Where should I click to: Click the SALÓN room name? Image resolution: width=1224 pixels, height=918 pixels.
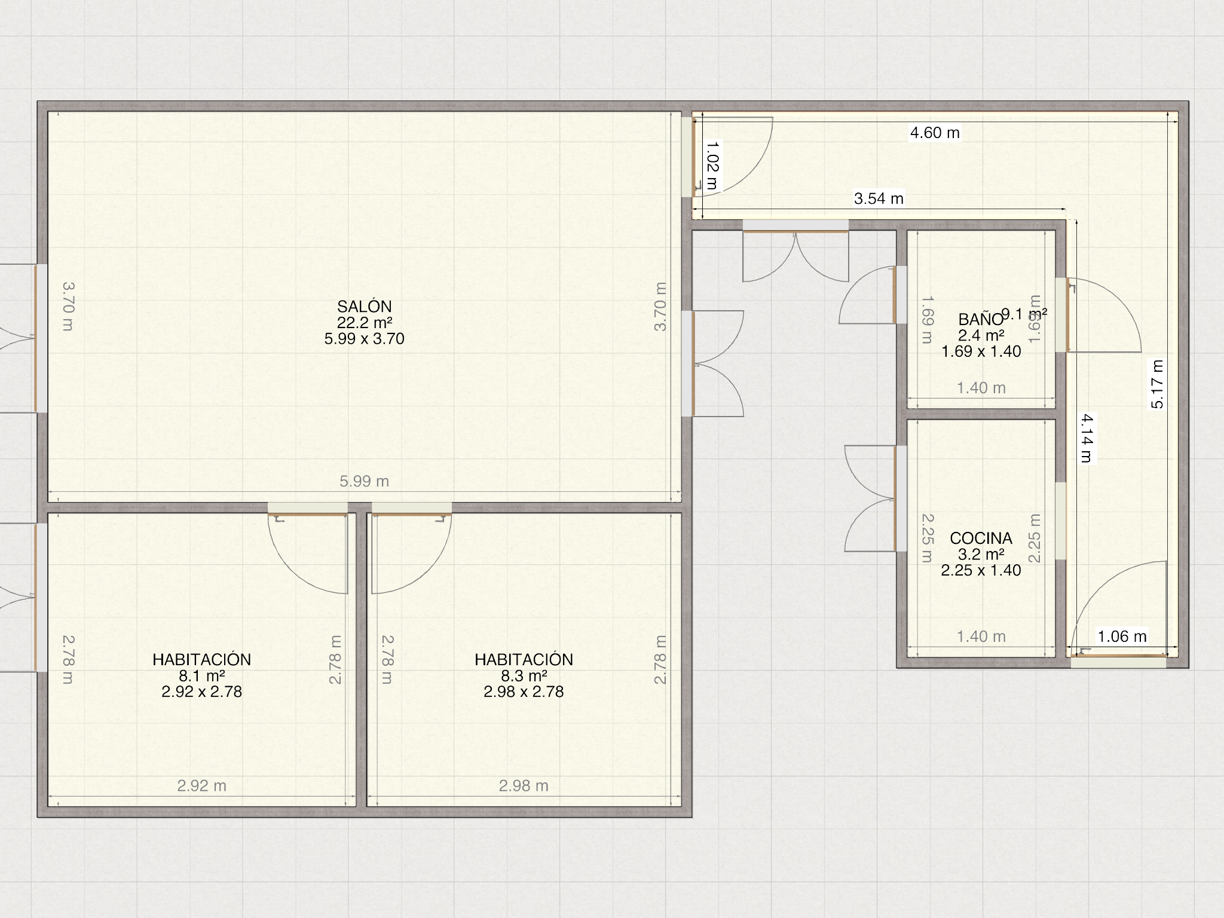(364, 307)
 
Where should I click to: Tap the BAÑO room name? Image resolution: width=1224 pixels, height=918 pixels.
(981, 319)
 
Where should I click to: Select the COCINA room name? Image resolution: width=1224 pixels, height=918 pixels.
(981, 538)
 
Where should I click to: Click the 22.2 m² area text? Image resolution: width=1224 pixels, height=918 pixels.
(364, 323)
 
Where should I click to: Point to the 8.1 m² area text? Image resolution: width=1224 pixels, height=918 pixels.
(201, 676)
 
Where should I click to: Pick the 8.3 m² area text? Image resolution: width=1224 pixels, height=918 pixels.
(524, 676)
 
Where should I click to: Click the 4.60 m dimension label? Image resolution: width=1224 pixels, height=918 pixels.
(935, 133)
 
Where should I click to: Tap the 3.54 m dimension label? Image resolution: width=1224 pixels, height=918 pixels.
(879, 198)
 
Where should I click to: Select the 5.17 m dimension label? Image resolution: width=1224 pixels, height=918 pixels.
(1158, 384)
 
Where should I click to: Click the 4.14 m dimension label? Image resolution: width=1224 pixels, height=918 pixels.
(1087, 438)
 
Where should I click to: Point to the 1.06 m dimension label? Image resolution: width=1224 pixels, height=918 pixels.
(1122, 637)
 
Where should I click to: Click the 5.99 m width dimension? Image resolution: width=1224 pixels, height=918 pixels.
(364, 481)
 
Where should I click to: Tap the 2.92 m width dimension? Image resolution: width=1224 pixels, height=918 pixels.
(201, 785)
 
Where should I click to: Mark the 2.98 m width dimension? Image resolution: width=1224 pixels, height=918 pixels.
(524, 785)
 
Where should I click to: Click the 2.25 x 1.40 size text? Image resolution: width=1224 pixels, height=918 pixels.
(981, 570)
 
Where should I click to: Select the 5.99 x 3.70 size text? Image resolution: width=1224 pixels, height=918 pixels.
(364, 339)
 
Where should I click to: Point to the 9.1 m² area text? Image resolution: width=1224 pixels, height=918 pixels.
(1024, 314)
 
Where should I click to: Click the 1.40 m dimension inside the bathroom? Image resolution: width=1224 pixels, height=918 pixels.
(981, 388)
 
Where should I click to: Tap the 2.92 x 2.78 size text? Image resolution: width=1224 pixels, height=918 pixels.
(201, 691)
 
